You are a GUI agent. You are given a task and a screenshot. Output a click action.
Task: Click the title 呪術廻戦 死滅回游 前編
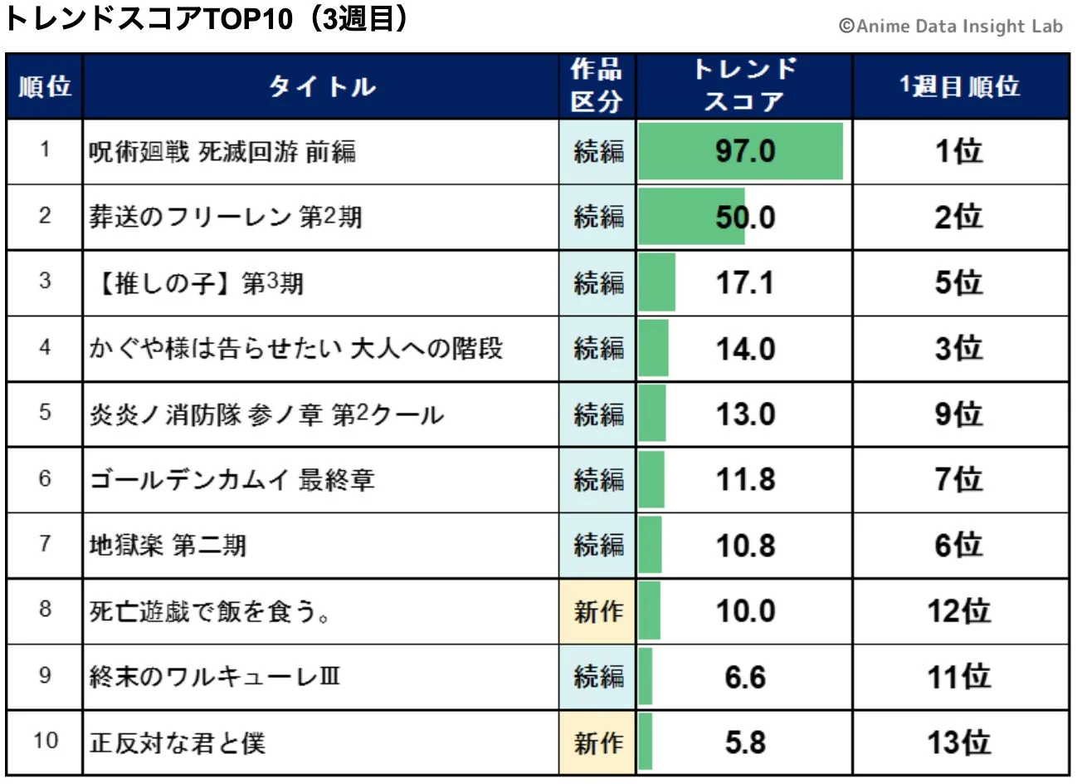222,152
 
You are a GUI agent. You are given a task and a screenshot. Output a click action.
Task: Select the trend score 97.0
745,151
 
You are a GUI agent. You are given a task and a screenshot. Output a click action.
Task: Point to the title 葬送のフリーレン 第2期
226,218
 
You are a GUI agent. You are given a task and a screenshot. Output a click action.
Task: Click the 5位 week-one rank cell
959,283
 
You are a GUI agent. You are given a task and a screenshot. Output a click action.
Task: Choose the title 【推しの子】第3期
199,283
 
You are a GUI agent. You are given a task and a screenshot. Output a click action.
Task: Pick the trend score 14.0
745,349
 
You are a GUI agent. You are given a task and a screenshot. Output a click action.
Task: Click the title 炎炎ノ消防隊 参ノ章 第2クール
266,414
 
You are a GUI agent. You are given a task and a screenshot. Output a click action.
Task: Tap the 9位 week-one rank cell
959,414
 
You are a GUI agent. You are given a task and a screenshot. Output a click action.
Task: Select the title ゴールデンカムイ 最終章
232,480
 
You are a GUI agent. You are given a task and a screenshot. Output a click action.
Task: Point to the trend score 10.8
745,546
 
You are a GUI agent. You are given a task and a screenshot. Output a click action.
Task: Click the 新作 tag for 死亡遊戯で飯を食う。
597,612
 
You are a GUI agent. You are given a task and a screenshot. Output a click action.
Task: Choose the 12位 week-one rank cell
959,612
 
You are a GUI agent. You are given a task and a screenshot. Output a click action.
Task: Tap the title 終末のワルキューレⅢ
215,677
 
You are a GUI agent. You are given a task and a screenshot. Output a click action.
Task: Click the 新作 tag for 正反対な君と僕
597,743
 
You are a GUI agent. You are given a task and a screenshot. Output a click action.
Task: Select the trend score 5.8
745,743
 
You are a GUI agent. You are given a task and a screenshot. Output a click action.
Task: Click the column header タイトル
321,86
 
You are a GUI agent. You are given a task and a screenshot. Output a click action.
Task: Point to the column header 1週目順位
960,86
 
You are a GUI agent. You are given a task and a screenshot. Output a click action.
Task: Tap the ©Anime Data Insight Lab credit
950,27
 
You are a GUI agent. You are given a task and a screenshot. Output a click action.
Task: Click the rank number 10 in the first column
46,741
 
